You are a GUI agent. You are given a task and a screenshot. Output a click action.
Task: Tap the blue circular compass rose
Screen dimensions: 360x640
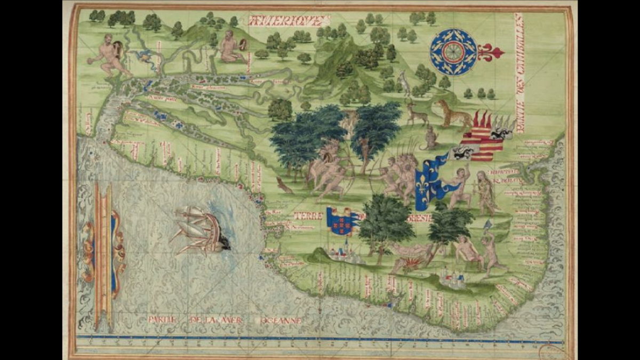point(453,51)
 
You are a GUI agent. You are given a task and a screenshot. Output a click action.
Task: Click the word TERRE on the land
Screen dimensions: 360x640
point(308,215)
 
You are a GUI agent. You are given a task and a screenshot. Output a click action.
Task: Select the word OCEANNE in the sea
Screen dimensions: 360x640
point(281,321)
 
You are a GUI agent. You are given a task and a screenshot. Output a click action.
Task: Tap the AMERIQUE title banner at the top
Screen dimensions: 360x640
point(288,21)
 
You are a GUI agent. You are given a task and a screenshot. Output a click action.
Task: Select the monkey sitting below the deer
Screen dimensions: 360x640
point(429,138)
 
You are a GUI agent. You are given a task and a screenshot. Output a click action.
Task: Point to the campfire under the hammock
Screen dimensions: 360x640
point(410,262)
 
